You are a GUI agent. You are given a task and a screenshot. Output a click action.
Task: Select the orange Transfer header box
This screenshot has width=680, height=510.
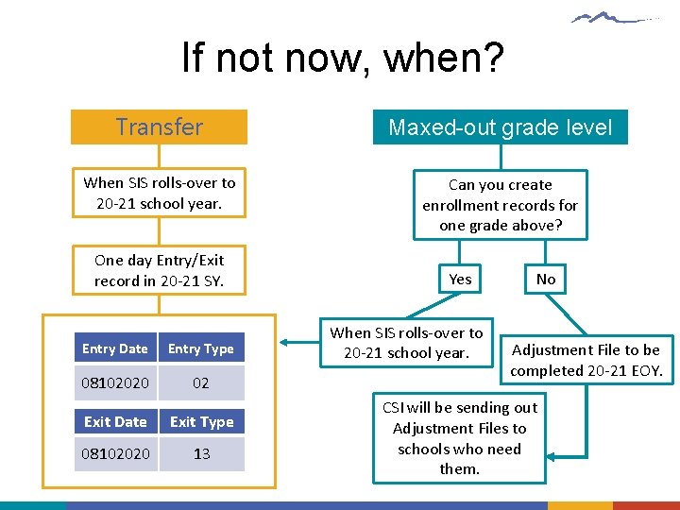pos(159,127)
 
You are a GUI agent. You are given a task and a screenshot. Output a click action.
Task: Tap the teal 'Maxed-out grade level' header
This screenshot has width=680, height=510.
pos(500,127)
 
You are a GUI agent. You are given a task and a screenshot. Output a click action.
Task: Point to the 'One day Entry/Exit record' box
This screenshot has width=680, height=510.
pos(159,270)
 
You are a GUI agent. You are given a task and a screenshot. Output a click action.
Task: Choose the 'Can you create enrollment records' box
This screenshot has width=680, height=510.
pos(500,205)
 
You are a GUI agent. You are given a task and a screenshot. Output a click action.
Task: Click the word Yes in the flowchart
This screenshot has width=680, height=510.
pos(460,279)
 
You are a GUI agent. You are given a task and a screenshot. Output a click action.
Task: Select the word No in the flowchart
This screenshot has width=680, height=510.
pos(546,279)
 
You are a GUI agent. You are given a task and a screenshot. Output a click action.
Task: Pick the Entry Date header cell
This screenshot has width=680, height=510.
pos(115,348)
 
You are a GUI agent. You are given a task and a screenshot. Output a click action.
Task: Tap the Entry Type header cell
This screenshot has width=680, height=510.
pos(201,348)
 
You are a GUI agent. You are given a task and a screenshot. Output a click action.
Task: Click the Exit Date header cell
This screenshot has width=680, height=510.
pos(115,421)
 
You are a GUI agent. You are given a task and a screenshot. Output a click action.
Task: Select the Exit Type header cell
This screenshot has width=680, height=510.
pos(201,421)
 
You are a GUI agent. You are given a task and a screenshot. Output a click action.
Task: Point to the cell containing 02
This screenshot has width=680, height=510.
pos(201,383)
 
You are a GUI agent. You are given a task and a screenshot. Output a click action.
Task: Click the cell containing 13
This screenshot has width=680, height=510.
pos(201,454)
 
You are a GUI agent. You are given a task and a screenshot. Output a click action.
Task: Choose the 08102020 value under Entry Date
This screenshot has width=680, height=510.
pos(115,383)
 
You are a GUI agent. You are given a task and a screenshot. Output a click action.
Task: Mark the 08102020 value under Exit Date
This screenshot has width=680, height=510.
pos(115,454)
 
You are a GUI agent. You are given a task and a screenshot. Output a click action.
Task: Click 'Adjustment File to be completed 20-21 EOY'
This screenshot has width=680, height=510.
pos(586,360)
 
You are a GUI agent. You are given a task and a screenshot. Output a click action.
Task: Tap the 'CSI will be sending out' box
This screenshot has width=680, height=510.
pos(459,438)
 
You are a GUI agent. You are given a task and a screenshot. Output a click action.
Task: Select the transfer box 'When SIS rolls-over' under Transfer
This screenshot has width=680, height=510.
pos(159,193)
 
